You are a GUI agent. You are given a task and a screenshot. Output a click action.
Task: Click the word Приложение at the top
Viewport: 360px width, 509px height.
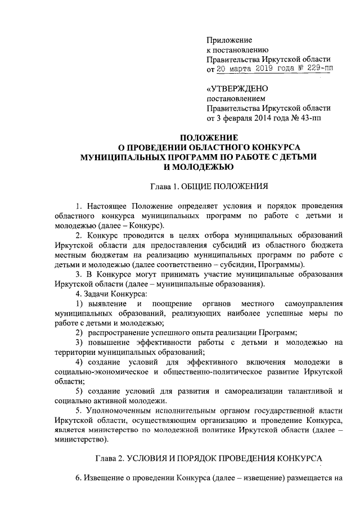pyautogui.click(x=229, y=40)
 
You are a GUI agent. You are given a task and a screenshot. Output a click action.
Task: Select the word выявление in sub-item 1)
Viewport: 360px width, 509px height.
pyautogui.click(x=105, y=304)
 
